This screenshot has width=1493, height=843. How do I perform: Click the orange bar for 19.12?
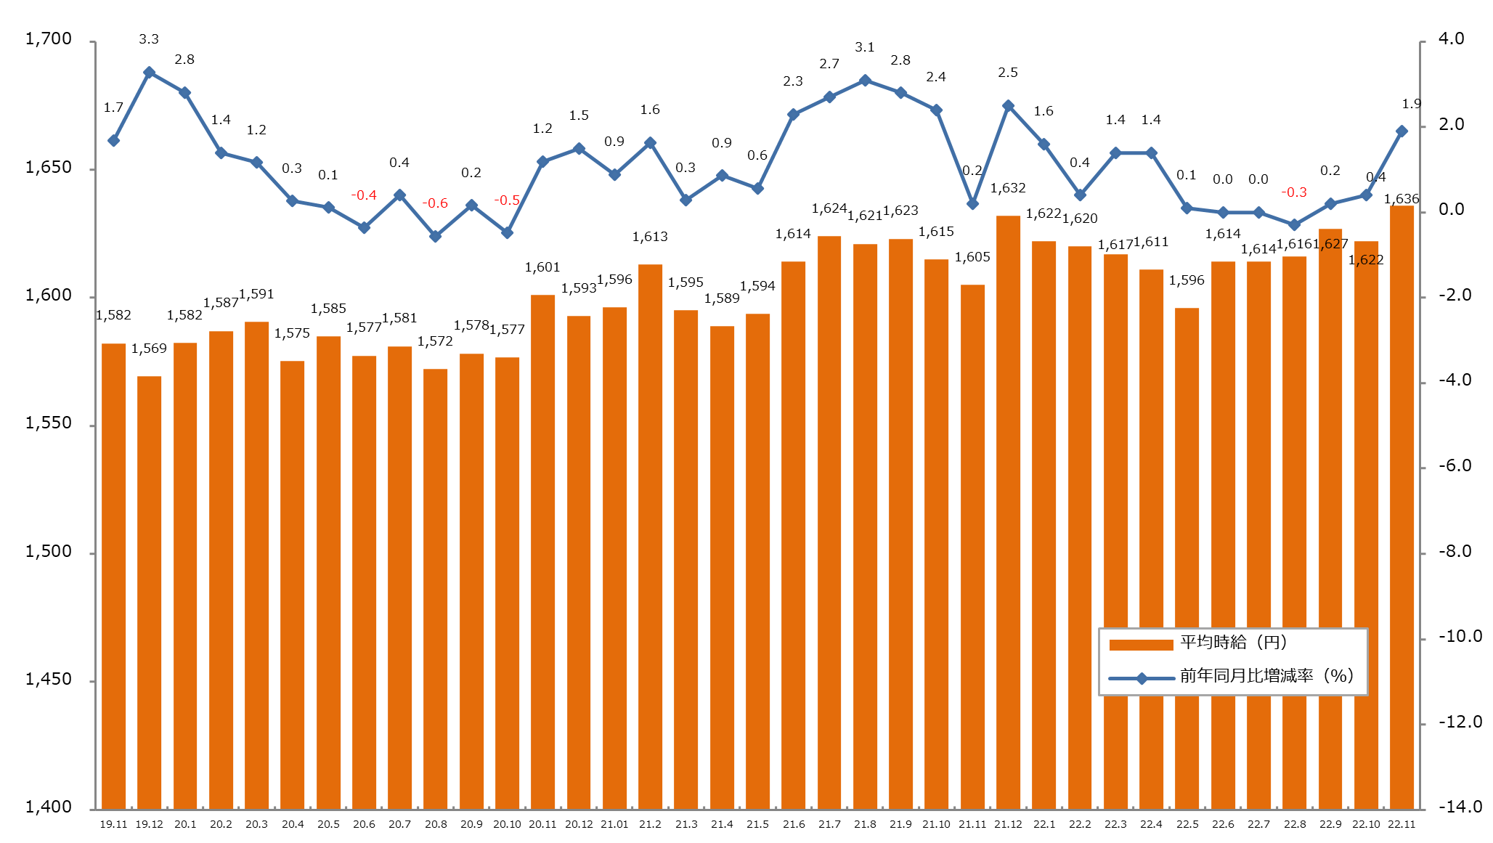[x=149, y=592]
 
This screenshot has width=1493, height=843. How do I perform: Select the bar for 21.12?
[x=1008, y=512]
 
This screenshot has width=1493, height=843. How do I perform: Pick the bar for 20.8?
[x=435, y=588]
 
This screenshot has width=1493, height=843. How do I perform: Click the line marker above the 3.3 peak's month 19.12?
[x=149, y=73]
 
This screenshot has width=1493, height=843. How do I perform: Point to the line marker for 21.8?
[x=865, y=81]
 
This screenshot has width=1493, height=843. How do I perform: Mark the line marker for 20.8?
[x=435, y=236]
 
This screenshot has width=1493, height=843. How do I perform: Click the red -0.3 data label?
[x=1294, y=192]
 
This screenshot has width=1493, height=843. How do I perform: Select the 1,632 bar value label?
[x=1008, y=188]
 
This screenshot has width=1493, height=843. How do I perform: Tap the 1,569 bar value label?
[x=149, y=349]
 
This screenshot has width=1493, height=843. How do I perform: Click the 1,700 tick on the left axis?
[x=49, y=39]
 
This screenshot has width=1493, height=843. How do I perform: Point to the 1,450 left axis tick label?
[x=49, y=680]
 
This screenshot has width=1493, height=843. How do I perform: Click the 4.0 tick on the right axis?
[x=1451, y=39]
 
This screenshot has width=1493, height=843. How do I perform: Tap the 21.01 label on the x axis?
[x=614, y=824]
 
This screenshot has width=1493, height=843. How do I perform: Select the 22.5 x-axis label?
[x=1187, y=824]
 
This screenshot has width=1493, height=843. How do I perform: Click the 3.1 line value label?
[x=865, y=47]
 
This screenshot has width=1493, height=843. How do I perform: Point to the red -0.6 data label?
[x=435, y=203]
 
